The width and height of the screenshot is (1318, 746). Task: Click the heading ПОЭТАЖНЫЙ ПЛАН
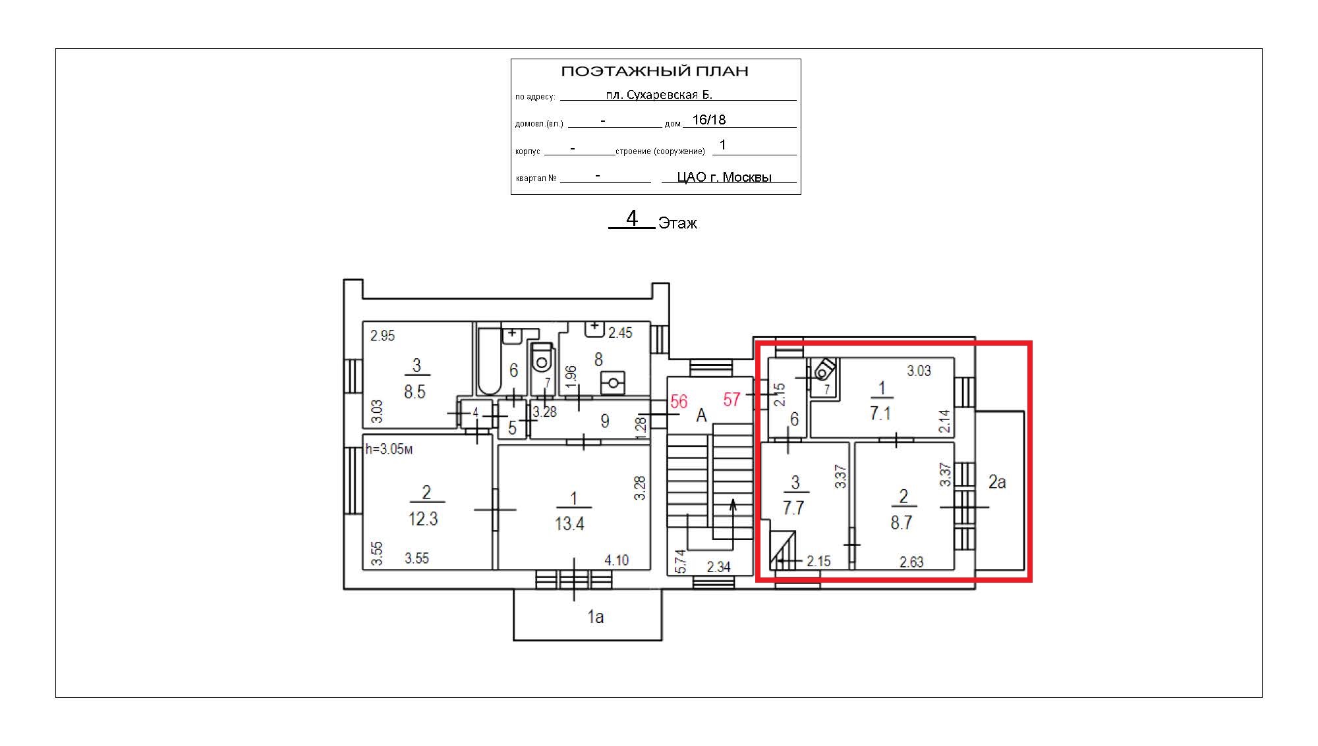point(654,71)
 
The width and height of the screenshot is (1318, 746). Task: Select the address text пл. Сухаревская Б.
point(659,95)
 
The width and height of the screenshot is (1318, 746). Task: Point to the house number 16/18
point(709,120)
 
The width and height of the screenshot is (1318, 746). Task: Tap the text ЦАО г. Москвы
point(724,177)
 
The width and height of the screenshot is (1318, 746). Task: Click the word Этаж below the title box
point(677,223)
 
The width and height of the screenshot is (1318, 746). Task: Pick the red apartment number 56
point(679,402)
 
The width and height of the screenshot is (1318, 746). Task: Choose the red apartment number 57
point(731,400)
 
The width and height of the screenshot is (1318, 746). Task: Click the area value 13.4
point(569,524)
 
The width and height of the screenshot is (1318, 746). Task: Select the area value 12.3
point(423,519)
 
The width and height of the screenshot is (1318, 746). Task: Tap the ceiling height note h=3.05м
point(389,449)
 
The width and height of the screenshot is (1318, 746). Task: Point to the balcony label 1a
point(596,617)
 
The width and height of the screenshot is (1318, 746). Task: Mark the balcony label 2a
point(997,483)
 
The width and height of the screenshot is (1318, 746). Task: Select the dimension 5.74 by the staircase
point(680,561)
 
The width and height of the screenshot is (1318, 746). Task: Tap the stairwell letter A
point(701,415)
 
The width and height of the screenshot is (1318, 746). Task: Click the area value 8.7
point(902,523)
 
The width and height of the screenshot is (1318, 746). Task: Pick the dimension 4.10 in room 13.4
point(617,560)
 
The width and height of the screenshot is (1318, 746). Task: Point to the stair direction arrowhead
point(733,506)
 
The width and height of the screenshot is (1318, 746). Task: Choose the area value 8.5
point(415,392)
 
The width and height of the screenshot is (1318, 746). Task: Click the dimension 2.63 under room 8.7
point(911,562)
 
